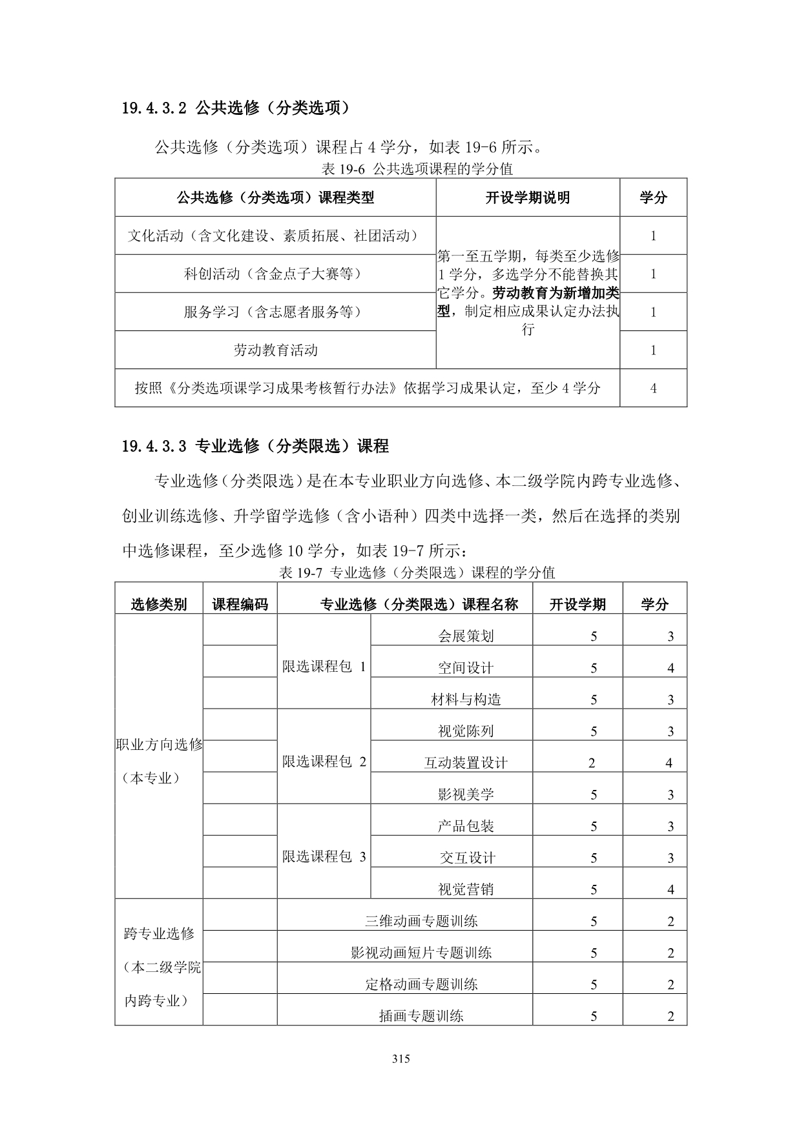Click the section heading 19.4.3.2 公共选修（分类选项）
pos(235,108)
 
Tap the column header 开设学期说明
pos(527,197)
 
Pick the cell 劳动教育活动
pos(275,350)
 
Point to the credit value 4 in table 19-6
pos(653,388)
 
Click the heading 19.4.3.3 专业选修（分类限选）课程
pos(255,446)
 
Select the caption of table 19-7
pos(417,572)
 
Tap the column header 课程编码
pos(240,604)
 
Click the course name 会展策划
pos(465,636)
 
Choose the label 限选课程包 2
pos(324,762)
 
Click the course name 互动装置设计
pos(465,763)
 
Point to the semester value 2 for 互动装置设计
pos(592,763)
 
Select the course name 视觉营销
pos(465,889)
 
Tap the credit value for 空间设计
pos(671,668)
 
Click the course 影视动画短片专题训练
pos(421,953)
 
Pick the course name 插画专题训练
pos(421,1016)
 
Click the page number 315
pos(400,1058)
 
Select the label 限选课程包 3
pos(324,856)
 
